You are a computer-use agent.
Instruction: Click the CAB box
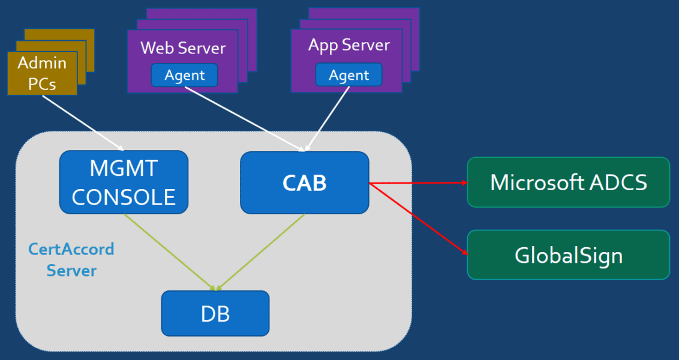(x=305, y=182)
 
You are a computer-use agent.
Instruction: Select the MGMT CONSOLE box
(x=124, y=182)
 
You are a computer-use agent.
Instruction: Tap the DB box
(x=215, y=313)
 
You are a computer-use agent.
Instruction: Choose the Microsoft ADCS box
(x=568, y=182)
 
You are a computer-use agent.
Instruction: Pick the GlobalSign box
(x=568, y=255)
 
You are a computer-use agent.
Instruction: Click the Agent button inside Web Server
(x=184, y=76)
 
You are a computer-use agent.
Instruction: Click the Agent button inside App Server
(x=348, y=76)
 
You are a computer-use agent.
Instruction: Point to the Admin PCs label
(x=42, y=73)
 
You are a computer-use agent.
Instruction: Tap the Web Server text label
(x=183, y=48)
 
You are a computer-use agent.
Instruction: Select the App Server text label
(x=348, y=46)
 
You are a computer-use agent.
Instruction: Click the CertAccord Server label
(x=71, y=259)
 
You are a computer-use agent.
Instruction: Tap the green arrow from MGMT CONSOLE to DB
(x=170, y=252)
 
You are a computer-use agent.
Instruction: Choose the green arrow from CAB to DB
(x=262, y=252)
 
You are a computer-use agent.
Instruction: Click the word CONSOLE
(x=124, y=197)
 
